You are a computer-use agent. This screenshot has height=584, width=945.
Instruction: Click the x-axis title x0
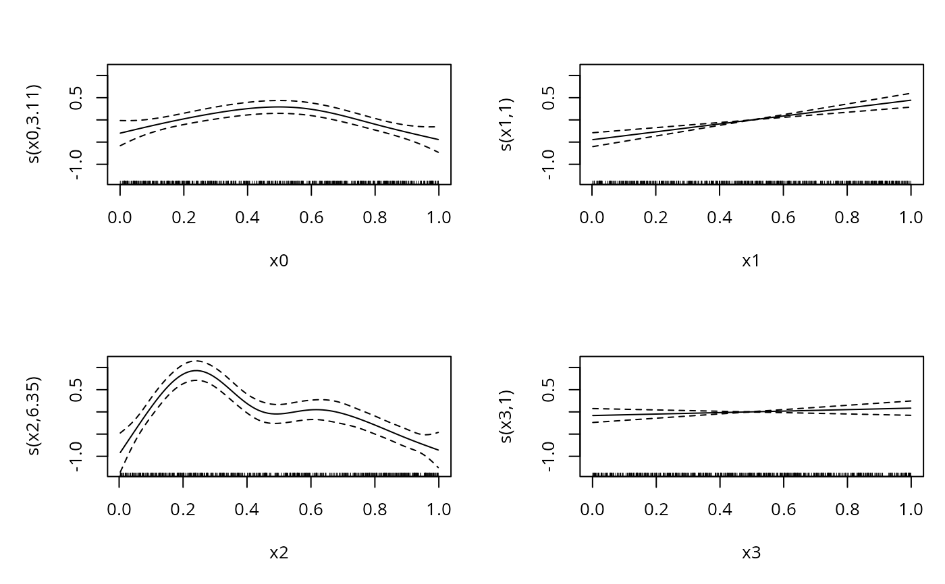(279, 261)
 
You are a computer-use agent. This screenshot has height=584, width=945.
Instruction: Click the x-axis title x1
(751, 261)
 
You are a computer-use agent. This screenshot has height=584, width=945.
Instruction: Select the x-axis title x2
(279, 553)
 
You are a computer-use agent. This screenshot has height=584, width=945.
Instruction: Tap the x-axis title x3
(751, 553)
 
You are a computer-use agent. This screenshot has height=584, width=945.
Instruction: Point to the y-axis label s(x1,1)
(507, 123)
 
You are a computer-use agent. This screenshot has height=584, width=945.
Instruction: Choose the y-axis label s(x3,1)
(507, 415)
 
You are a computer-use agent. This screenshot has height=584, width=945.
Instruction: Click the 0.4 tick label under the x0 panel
(247, 217)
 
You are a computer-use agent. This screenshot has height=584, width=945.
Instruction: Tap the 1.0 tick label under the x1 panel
(911, 217)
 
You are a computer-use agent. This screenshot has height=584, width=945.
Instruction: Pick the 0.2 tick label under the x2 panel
(184, 509)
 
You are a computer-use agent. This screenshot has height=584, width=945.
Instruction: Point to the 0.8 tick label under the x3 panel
(847, 509)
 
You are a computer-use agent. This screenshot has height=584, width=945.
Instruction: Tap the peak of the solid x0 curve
(279, 107)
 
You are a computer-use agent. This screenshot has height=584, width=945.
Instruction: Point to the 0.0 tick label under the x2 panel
(119, 509)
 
